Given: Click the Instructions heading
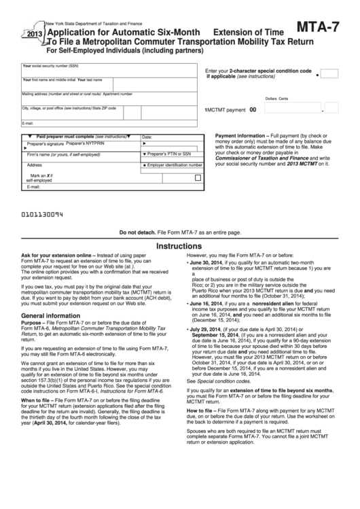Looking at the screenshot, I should point(179,247).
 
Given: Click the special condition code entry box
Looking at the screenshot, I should point(328,73).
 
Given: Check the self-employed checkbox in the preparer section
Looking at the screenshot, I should point(198,178).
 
